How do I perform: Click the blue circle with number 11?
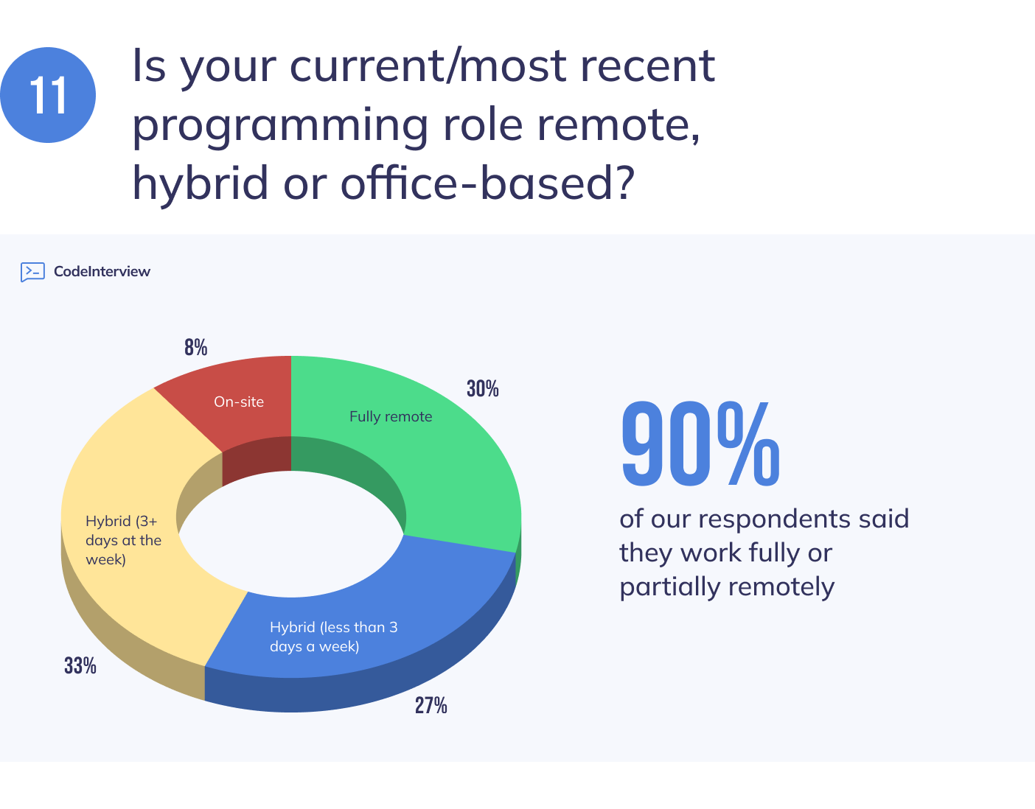pyautogui.click(x=48, y=95)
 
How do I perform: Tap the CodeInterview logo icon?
pyautogui.click(x=32, y=272)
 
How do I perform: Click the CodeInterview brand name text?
pyautogui.click(x=102, y=272)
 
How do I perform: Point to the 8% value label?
pyautogui.click(x=195, y=348)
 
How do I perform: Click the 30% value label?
pyautogui.click(x=482, y=389)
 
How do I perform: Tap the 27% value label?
pyautogui.click(x=431, y=706)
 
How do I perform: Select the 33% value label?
pyautogui.click(x=80, y=666)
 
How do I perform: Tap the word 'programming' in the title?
pyautogui.click(x=280, y=126)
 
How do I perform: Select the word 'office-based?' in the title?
pyautogui.click(x=487, y=183)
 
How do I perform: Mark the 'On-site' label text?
pyautogui.click(x=239, y=402)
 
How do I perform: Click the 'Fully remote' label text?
pyautogui.click(x=391, y=416)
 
